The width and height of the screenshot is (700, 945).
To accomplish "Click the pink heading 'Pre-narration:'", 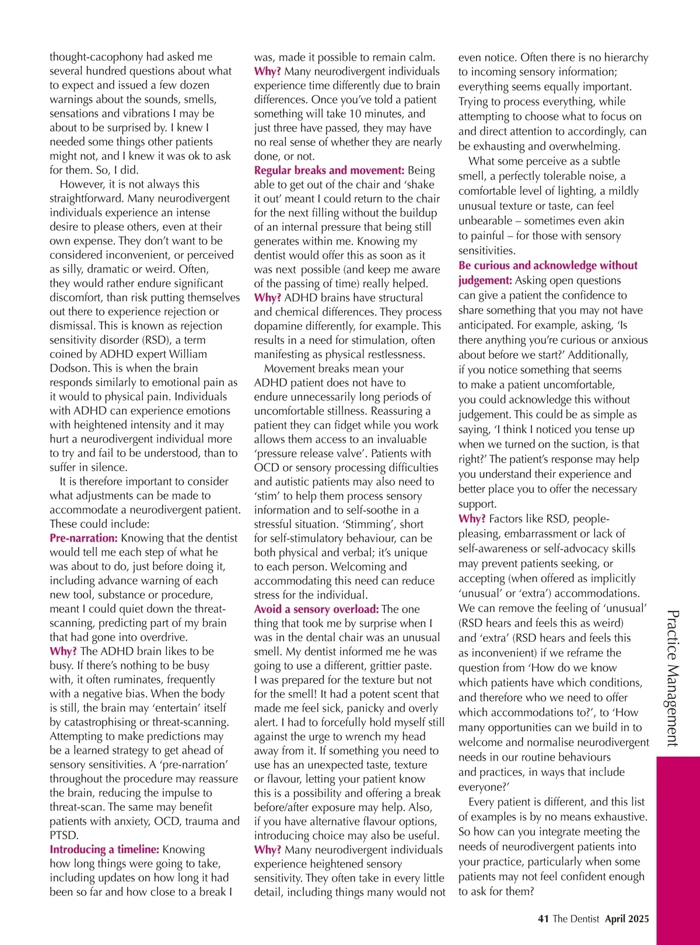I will [83, 538].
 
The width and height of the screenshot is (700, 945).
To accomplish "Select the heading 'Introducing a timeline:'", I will [104, 849].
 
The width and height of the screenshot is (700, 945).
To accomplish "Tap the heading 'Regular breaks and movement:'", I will [329, 170].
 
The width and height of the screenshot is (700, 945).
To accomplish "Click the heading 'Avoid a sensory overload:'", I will [316, 609].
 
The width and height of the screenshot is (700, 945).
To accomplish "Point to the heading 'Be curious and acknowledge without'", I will [548, 265].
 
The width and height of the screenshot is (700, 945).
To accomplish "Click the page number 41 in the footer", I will [543, 919].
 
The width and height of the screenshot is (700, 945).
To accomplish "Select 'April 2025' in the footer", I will [626, 919].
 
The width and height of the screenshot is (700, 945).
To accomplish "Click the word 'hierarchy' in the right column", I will [619, 57].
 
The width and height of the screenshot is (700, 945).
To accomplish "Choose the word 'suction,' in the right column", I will [591, 444].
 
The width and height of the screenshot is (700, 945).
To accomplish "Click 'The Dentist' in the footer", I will [576, 919].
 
